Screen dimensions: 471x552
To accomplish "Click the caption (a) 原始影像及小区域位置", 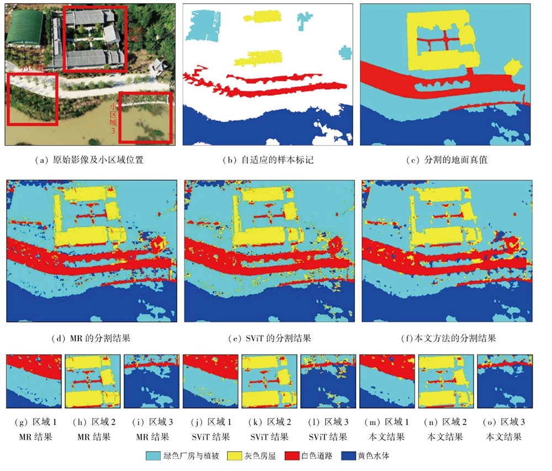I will click(x=91, y=160).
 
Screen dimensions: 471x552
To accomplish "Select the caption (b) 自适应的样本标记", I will click(x=269, y=160).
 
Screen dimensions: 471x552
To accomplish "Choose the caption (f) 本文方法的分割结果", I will click(x=448, y=338).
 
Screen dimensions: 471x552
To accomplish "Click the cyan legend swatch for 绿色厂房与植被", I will click(x=152, y=456).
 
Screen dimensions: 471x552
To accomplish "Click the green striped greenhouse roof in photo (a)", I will click(x=25, y=27).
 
